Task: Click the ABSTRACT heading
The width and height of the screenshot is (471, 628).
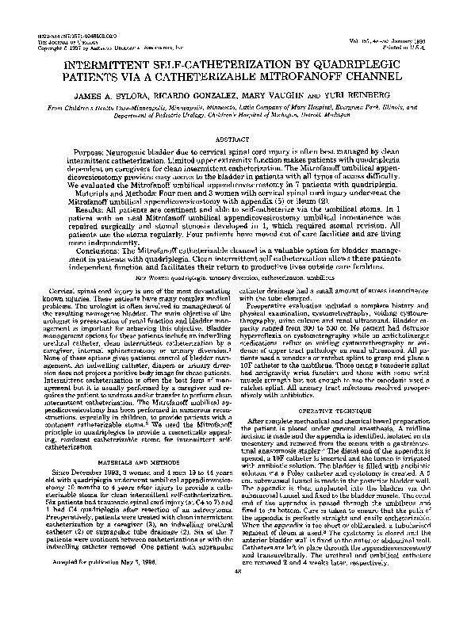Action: coord(235,137)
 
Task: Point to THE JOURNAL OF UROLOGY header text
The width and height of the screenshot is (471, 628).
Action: coord(54,42)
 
